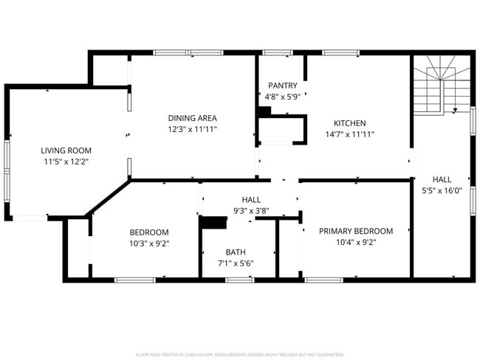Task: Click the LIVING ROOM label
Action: [66, 150]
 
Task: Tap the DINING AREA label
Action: [192, 118]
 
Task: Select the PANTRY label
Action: [283, 86]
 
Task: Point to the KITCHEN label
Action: [349, 123]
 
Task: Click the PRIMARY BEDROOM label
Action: [356, 231]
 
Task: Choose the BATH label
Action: [236, 252]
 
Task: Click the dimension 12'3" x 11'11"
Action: [192, 129]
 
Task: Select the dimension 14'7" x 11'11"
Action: [350, 134]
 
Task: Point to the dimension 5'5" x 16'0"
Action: [442, 190]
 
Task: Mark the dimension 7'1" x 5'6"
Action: [236, 263]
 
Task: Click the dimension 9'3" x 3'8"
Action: [251, 210]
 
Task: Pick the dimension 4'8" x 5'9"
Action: [283, 97]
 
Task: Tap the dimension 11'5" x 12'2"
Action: [66, 162]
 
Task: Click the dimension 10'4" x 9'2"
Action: [356, 242]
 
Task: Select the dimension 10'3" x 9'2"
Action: [149, 243]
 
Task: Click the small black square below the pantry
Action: [264, 111]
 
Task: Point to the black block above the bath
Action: [214, 222]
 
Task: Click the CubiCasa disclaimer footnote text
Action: [240, 355]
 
